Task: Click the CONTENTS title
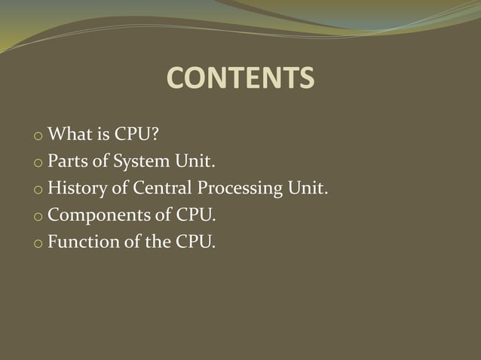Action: click(240, 78)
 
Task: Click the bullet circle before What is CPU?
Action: click(38, 137)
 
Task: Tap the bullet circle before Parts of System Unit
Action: click(38, 163)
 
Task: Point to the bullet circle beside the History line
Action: click(38, 191)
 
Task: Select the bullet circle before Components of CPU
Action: click(38, 218)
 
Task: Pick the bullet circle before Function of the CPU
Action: click(38, 245)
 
